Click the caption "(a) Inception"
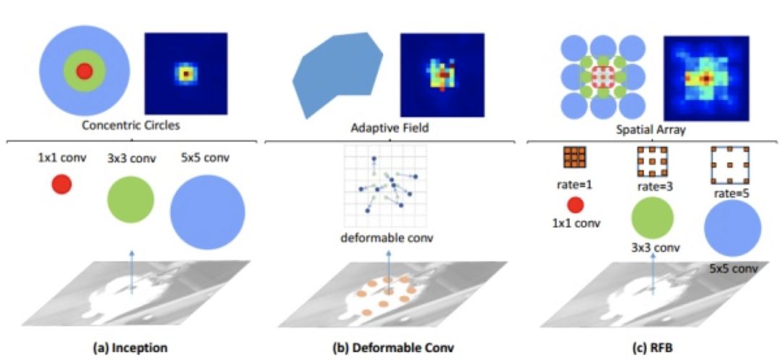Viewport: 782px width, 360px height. click(131, 348)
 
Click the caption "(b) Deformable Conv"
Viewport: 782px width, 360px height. click(393, 348)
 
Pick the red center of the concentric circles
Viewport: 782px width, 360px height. click(85, 71)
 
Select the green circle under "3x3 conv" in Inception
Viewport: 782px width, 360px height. click(130, 199)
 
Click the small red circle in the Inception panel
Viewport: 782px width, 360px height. click(62, 185)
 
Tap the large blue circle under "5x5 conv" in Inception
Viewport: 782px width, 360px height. click(207, 212)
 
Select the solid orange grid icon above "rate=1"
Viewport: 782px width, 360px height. click(574, 157)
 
